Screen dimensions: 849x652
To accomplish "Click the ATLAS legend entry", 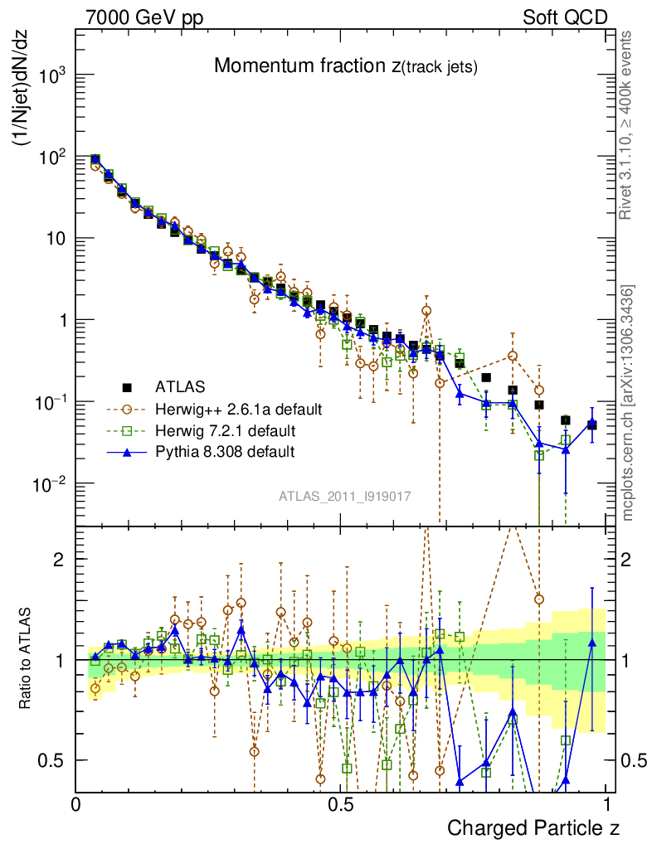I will coord(178,386).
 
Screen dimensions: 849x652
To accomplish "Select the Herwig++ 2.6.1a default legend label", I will coord(237,409).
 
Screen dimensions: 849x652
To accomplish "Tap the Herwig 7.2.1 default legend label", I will coord(225,431).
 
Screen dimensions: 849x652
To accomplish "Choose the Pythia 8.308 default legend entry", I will coord(225,453).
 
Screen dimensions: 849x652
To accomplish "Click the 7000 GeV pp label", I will coord(144,17).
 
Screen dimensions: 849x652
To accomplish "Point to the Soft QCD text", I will coord(565,17).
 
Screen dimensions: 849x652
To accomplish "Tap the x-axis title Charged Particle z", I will coord(533,827).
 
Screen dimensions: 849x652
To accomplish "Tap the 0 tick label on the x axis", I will coord(76,804).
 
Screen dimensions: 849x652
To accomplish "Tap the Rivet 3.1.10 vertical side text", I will coord(629,124).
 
